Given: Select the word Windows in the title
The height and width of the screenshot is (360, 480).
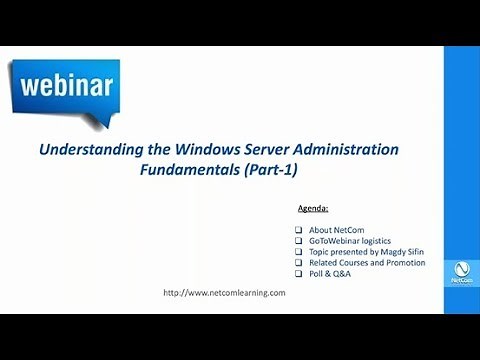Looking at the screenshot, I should (190, 150).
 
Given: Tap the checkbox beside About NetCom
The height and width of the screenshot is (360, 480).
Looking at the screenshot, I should (299, 230).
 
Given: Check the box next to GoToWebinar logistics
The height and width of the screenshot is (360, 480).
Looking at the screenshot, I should (299, 241).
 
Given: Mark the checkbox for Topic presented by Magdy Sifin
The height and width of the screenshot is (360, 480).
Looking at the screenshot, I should (299, 252).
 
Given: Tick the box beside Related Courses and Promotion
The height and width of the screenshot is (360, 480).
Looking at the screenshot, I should (299, 263).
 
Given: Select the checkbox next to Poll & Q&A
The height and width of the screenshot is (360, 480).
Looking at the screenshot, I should (299, 274).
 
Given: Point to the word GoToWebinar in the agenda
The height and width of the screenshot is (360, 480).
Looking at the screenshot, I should (336, 241).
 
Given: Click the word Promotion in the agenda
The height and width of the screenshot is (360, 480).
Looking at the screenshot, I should (405, 263).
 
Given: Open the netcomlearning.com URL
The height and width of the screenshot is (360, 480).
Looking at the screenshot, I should (224, 293).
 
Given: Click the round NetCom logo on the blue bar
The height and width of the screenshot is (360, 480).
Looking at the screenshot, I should (461, 270).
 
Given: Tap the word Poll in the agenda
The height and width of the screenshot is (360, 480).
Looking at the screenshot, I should (317, 274).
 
